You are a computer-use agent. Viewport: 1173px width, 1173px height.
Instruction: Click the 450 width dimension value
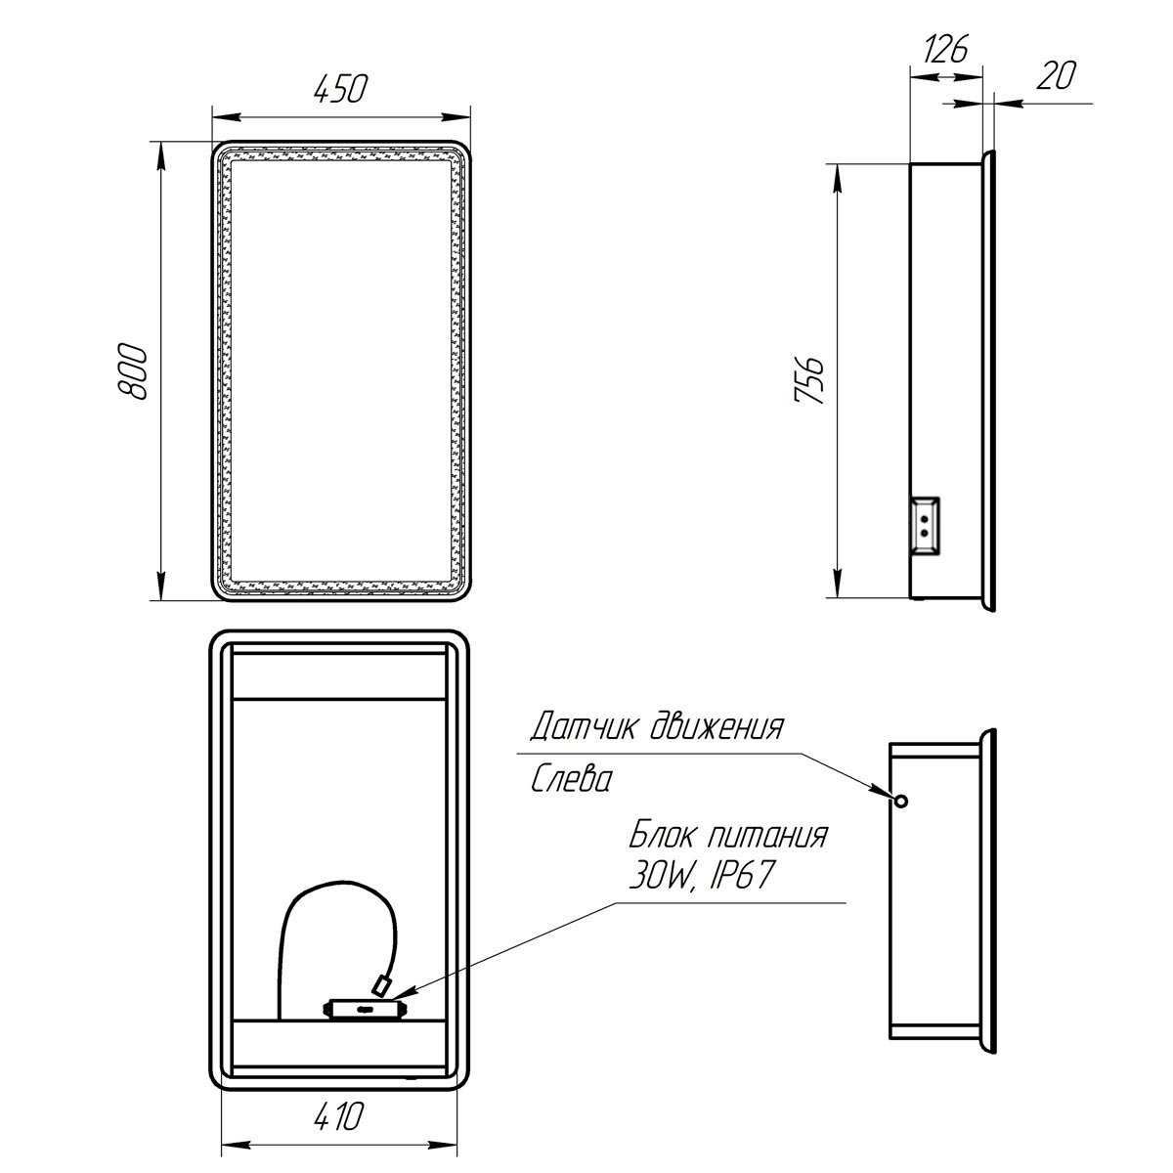(341, 89)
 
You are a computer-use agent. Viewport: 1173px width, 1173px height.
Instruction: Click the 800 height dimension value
(132, 371)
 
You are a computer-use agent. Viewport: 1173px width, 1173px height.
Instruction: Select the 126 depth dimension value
(945, 49)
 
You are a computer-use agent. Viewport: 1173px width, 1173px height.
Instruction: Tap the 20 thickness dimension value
(1056, 75)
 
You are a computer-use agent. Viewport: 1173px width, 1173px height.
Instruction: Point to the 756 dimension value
(809, 381)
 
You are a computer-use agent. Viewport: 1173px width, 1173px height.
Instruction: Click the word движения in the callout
(716, 727)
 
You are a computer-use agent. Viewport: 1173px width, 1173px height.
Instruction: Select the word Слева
(571, 779)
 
